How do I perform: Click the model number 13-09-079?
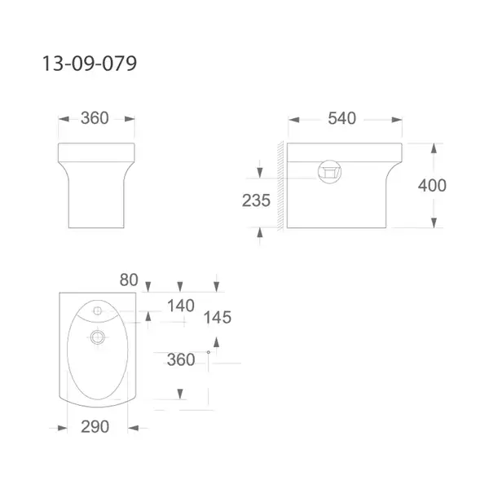(90, 64)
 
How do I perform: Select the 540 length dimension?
(341, 118)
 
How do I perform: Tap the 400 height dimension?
(432, 185)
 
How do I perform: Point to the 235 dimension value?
(256, 200)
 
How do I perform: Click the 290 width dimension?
(95, 426)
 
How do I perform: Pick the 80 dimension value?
(129, 280)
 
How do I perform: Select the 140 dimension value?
(181, 306)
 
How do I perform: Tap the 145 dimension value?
(218, 318)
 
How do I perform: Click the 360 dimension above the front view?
(95, 118)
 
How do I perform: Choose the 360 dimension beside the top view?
(181, 359)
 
